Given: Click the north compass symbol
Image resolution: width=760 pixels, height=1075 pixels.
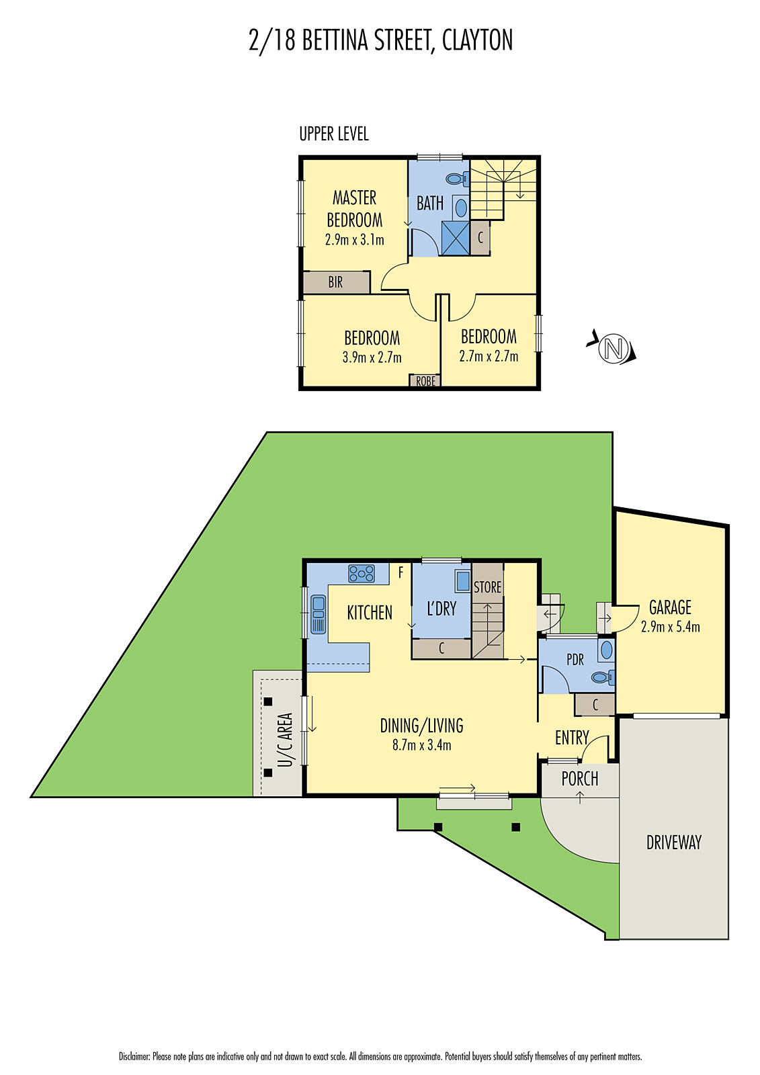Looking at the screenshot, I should click(x=612, y=349).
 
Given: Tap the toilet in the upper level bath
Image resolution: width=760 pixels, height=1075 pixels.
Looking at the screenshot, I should click(x=456, y=179).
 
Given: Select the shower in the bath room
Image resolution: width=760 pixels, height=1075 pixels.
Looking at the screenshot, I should click(x=455, y=238).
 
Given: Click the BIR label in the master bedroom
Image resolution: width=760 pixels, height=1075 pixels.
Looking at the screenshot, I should click(x=335, y=283).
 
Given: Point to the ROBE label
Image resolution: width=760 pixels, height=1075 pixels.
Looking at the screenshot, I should click(x=425, y=382).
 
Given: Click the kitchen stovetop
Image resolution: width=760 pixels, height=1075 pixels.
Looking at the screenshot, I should click(x=362, y=574).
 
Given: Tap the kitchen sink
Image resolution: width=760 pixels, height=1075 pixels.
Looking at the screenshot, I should click(x=318, y=615).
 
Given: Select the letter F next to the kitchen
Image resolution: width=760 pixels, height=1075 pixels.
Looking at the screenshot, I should click(x=401, y=572).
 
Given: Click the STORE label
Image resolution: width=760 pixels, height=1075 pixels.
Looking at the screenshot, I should click(x=487, y=587).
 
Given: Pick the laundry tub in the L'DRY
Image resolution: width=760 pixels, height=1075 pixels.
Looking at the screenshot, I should click(x=462, y=581).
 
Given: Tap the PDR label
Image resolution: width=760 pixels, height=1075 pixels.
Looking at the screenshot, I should click(x=575, y=660).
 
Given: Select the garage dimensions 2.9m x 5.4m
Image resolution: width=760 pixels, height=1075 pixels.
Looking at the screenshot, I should click(x=670, y=627).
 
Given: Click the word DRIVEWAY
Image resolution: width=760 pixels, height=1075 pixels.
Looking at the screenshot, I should click(x=673, y=843).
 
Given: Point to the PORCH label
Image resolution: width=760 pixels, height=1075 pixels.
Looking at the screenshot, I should click(x=579, y=779).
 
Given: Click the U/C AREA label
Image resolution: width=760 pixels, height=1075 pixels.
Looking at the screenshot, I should click(x=286, y=740).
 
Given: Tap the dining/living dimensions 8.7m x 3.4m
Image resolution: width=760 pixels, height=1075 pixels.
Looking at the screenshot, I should click(x=421, y=745).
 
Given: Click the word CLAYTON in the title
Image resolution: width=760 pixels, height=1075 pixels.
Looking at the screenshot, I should click(x=477, y=40).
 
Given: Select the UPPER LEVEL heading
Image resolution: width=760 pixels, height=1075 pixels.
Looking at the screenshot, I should click(x=334, y=134).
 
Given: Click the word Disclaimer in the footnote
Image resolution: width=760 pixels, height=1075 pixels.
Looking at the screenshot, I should click(x=134, y=1056).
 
